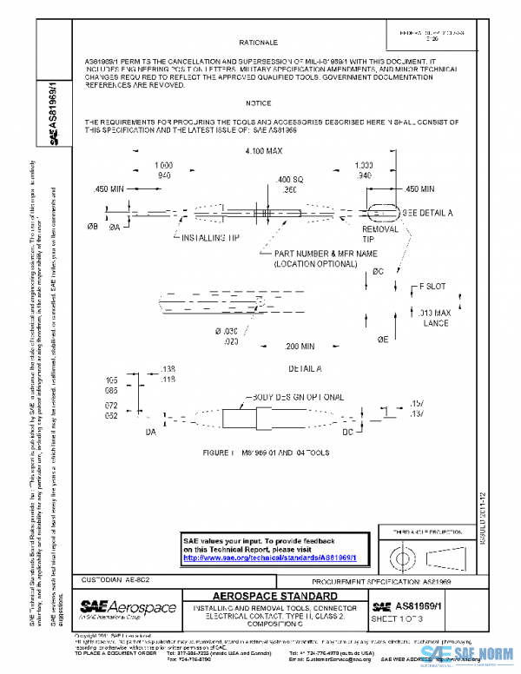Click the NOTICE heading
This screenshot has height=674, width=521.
coord(258,102)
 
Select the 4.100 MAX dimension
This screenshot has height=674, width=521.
coord(258,151)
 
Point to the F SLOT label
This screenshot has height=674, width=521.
coord(432,285)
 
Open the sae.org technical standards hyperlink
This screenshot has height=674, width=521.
coord(270,558)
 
